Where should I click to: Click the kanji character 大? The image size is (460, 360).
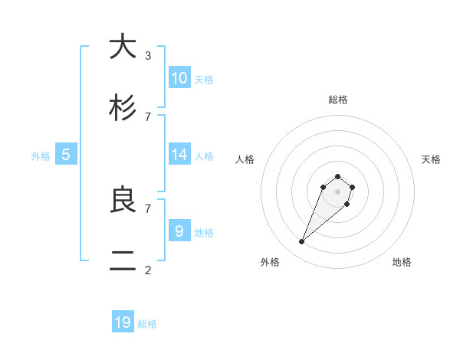[123, 47]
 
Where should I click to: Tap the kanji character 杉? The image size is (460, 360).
[123, 109]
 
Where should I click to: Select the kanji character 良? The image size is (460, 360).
[123, 201]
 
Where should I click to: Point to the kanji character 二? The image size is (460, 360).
[123, 262]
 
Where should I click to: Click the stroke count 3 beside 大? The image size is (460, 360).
[148, 55]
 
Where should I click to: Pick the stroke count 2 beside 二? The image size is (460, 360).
[148, 270]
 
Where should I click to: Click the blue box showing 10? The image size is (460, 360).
[179, 77]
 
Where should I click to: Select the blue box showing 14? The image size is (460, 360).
[179, 155]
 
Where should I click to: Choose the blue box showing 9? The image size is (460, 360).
[179, 231]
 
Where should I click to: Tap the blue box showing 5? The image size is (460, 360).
[66, 155]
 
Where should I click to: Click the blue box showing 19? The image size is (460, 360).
[123, 322]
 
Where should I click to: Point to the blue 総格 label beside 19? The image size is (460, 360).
[147, 324]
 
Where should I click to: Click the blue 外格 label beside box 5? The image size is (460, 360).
[41, 156]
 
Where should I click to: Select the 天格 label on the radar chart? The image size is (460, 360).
[431, 159]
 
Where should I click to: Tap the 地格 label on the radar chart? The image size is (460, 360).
[402, 262]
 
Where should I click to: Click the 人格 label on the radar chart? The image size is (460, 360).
[245, 159]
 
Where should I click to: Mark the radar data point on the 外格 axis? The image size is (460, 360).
[302, 242]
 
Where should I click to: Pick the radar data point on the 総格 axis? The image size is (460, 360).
[338, 175]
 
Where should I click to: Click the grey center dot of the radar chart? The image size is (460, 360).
[338, 191]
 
